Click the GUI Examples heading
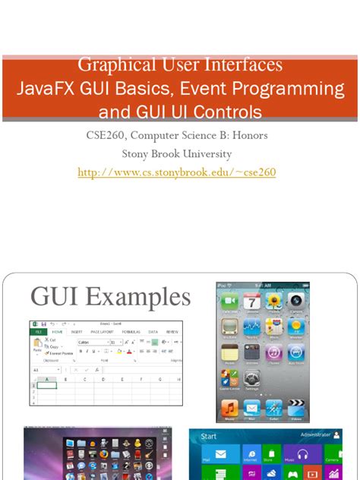coord(110,297)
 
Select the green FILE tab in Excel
coord(37,332)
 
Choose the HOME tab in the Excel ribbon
coord(57,332)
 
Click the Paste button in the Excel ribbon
coord(37,347)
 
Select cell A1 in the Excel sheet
coord(47,385)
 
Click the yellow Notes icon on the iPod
coord(230,352)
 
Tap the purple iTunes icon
coord(274,352)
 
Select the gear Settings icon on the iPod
coord(252,377)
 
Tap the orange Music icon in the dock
coord(230,409)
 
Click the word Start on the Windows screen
coord(209,437)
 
